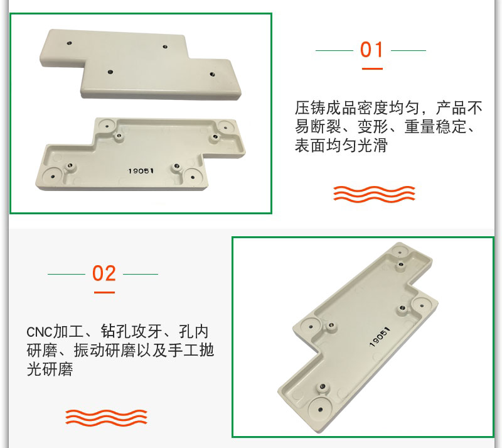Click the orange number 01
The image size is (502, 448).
coord(371,50)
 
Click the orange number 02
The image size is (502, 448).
coord(104,273)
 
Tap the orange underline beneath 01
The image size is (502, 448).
coord(372,68)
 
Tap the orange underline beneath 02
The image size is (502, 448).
coord(104,292)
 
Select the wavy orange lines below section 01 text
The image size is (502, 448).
coord(374,194)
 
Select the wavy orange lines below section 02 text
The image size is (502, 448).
coord(106,418)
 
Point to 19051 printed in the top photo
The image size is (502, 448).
coord(141,171)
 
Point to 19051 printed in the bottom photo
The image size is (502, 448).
coord(380,337)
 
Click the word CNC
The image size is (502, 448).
coord(40,332)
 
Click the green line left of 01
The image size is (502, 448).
coord(334,50)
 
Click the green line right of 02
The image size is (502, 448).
coord(141,274)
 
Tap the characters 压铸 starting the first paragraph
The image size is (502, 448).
coord(310,107)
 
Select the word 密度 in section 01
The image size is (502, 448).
coord(373,107)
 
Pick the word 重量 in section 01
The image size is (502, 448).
coord(420,126)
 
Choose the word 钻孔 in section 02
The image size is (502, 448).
coord(116,332)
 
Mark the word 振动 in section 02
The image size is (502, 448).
coord(89,350)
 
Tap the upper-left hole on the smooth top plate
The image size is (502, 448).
coord(69,43)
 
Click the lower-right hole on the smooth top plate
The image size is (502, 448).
coord(212,74)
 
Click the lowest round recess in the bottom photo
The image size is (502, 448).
coord(320,409)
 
